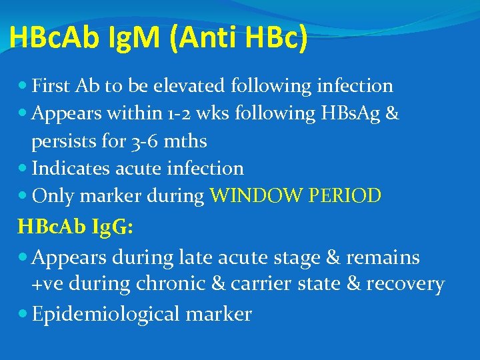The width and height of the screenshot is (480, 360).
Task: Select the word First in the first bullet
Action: click(51, 86)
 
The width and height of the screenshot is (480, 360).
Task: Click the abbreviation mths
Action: click(186, 142)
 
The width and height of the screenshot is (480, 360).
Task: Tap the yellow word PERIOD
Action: click(347, 196)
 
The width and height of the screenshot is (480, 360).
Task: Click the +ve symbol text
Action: click(45, 284)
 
